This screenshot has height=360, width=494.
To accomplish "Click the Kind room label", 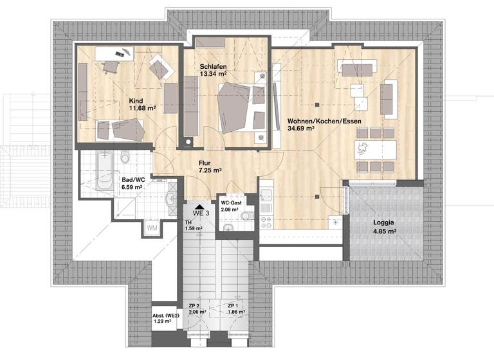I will tap(135, 101).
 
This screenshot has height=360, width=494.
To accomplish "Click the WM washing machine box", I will tap(152, 228).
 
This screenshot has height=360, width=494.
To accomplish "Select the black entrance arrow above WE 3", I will tap(203, 203).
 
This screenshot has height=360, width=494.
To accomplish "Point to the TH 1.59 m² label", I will tap(194, 224).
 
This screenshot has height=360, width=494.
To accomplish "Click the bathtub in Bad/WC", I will tap(104, 170).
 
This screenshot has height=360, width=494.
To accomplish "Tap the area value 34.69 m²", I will tap(301, 128).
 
